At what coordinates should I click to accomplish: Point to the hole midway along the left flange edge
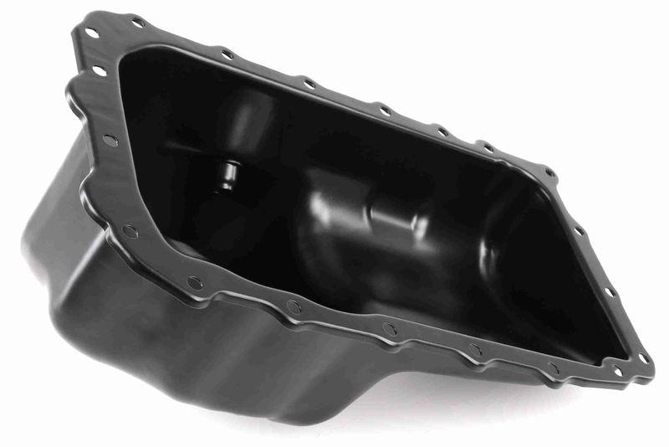(x=110, y=140)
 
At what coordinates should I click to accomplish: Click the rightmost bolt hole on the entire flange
(x=643, y=358)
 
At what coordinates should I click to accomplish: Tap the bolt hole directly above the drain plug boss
(x=227, y=55)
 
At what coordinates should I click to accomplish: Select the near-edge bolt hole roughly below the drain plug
(x=195, y=283)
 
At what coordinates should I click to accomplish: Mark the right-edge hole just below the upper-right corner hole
(x=578, y=231)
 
